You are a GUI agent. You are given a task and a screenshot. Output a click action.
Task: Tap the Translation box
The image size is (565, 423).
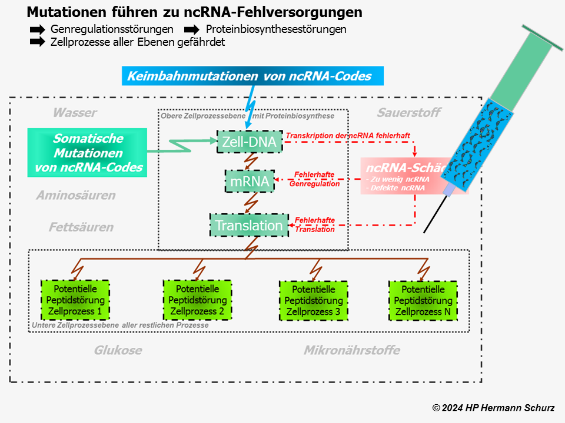[249, 225]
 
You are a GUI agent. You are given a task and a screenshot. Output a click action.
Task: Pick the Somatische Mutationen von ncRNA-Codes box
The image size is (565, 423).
[88, 153]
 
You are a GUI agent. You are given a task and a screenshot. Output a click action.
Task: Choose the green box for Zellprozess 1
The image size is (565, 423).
[75, 300]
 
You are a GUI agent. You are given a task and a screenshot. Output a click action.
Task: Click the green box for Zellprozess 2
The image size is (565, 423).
[197, 300]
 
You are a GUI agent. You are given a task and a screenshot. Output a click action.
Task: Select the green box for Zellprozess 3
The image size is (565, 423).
[313, 300]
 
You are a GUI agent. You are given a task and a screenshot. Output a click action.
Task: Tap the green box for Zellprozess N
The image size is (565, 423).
[423, 300]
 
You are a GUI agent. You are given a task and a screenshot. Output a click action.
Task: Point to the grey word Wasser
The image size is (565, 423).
[75, 113]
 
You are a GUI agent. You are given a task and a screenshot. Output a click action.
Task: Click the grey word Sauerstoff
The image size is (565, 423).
[408, 113]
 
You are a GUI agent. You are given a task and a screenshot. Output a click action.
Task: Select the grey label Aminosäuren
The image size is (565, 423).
[75, 195]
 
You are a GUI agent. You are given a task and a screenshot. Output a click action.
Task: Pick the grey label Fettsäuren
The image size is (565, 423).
[81, 227]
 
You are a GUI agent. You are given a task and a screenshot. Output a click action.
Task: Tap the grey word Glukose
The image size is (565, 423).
[118, 350]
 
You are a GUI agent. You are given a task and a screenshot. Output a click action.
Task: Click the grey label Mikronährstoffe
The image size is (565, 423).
[351, 350]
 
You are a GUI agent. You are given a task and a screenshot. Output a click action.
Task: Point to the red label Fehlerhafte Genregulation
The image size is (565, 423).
[314, 179]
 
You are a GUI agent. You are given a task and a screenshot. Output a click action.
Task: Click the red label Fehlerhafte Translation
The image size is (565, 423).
[314, 224]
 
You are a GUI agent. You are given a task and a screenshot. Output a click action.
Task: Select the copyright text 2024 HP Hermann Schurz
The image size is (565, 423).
[493, 408]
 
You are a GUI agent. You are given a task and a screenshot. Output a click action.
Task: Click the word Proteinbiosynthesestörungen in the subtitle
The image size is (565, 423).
[275, 29]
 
